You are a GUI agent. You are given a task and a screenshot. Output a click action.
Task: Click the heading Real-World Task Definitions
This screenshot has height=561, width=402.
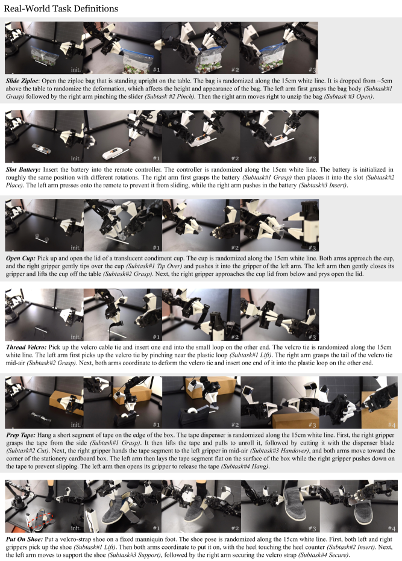[61, 8]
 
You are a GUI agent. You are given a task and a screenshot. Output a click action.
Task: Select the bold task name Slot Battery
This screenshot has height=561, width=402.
[24, 169]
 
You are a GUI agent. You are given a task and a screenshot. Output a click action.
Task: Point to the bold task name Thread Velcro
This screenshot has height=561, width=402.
[26, 348]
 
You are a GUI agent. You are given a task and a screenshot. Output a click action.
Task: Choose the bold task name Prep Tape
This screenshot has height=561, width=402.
[20, 436]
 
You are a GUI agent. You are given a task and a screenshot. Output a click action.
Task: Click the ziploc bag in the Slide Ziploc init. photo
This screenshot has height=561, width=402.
[45, 56]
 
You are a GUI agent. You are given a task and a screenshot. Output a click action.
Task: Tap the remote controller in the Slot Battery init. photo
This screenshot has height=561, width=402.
[41, 148]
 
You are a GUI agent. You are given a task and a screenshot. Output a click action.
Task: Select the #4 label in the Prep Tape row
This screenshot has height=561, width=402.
[392, 425]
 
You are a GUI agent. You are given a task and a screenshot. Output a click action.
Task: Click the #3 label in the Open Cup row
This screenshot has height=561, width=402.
[312, 248]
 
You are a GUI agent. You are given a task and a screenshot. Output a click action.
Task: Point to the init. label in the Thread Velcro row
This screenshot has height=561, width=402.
[75, 337]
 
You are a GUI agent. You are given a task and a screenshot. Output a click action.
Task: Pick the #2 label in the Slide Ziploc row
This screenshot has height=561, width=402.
[235, 70]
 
